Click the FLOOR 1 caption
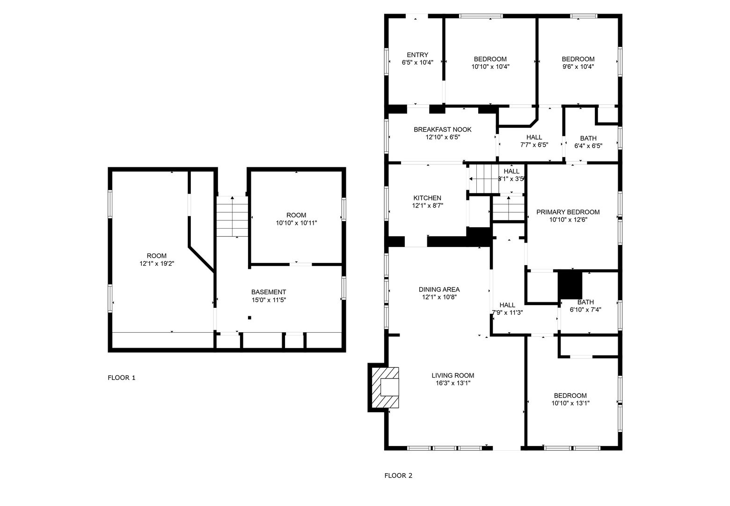(121, 378)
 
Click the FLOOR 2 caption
(398, 476)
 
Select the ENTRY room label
(417, 55)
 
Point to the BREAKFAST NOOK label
(443, 129)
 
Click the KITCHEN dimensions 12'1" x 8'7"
(428, 206)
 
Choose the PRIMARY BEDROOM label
(568, 212)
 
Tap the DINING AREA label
(439, 290)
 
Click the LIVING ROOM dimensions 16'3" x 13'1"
(453, 383)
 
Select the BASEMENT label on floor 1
(269, 292)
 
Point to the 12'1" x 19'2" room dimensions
(157, 264)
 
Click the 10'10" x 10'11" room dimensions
(296, 223)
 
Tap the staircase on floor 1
(233, 216)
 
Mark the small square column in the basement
(249, 318)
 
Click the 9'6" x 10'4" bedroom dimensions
(578, 67)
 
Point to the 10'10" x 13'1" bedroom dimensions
(570, 403)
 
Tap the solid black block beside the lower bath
(570, 284)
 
